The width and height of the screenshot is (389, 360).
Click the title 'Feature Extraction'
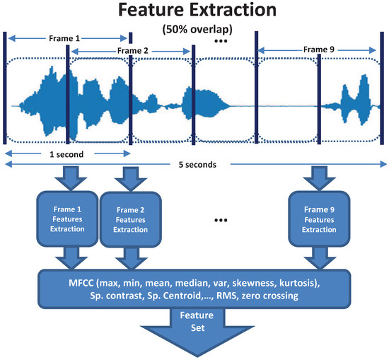(194, 12)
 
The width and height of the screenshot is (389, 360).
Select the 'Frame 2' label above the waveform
(132, 51)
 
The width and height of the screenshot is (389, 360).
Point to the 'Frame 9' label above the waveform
(316, 49)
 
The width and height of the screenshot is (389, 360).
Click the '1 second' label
(68, 153)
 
